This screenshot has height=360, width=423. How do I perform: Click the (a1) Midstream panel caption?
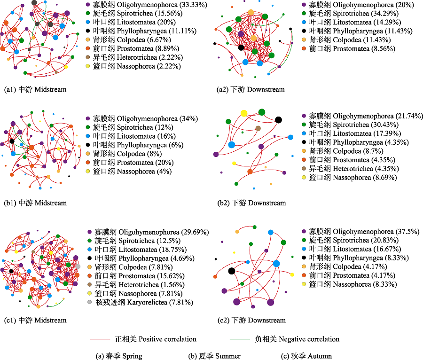click(35, 89)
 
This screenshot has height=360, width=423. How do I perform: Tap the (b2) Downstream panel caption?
click(251, 203)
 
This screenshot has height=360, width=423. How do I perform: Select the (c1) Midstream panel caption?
click(35, 320)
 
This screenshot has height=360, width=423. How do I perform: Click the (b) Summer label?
click(214, 356)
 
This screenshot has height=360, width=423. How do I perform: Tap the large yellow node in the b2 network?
click(244, 113)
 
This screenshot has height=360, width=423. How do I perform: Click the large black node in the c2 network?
click(231, 271)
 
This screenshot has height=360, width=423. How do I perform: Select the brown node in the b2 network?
click(258, 128)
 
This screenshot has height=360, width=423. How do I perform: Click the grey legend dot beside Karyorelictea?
click(89, 302)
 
